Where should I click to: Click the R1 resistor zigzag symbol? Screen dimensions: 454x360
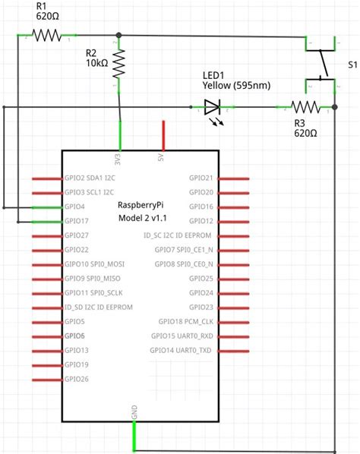pyautogui.click(x=46, y=35)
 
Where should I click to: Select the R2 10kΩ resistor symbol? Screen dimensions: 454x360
pyautogui.click(x=119, y=65)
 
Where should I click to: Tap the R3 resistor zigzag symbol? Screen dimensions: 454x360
pyautogui.click(x=305, y=107)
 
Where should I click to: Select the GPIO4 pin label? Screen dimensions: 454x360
pyautogui.click(x=75, y=207)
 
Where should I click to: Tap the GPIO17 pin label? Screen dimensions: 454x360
pyautogui.click(x=77, y=221)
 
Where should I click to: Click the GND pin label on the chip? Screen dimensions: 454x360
pyautogui.click(x=135, y=412)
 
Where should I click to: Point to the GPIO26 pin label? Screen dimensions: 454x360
pyautogui.click(x=77, y=378)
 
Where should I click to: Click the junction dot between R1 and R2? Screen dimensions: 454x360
pyautogui.click(x=118, y=35)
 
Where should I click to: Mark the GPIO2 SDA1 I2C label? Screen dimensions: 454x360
pyautogui.click(x=90, y=178)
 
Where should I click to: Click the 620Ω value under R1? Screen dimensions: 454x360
pyautogui.click(x=46, y=14)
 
